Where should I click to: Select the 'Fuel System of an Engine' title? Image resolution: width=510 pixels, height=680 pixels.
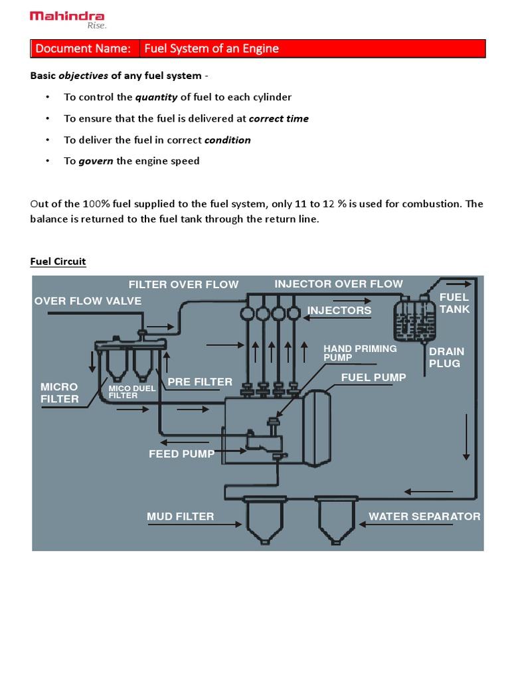click(x=211, y=48)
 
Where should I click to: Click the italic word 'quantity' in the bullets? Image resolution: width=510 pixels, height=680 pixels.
click(x=156, y=97)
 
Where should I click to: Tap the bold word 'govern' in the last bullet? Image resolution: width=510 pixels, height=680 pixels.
click(x=96, y=161)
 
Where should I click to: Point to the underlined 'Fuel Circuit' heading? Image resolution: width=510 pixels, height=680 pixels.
click(x=58, y=261)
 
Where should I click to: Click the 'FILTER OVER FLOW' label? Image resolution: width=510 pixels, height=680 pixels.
click(x=183, y=285)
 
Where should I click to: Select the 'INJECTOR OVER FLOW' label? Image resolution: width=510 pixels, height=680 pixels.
click(x=339, y=284)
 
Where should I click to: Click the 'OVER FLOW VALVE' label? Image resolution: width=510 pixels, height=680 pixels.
click(x=88, y=301)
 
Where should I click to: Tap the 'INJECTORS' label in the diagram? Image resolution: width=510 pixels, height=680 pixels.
click(x=339, y=311)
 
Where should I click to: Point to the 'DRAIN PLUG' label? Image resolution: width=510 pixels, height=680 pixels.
click(x=446, y=357)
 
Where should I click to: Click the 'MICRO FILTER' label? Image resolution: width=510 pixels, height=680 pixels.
click(x=59, y=392)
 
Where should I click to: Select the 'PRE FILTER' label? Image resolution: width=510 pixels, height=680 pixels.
click(x=200, y=382)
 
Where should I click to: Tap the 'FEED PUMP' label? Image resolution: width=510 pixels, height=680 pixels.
click(x=181, y=454)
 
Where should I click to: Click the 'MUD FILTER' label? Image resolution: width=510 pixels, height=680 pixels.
click(x=180, y=517)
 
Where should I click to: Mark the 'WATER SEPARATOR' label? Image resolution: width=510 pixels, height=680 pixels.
click(x=424, y=517)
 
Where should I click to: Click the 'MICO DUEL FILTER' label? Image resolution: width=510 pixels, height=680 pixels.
click(x=132, y=392)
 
